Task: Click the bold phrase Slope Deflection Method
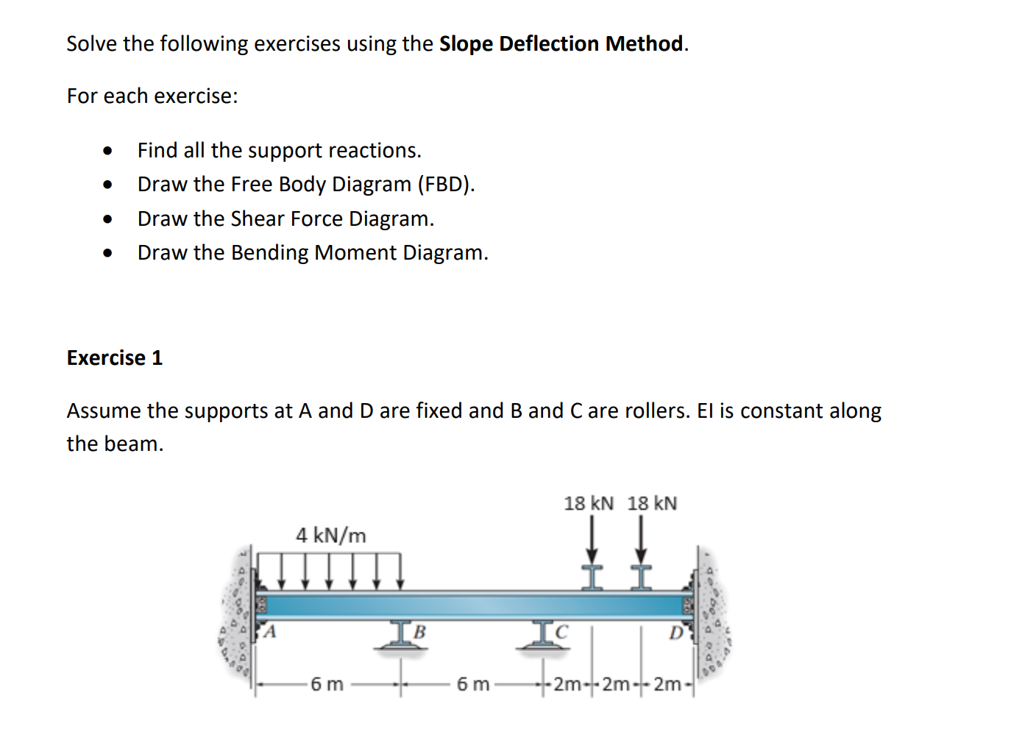(x=561, y=44)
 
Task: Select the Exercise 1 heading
(x=114, y=358)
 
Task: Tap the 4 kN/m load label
(x=330, y=536)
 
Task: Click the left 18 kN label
(x=588, y=504)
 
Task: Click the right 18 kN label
(x=652, y=504)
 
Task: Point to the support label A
(x=270, y=632)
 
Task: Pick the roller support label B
(x=419, y=632)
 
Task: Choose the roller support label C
(x=562, y=632)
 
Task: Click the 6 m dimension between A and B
(x=327, y=685)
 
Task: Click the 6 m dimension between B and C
(x=472, y=685)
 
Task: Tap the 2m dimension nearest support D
(x=667, y=685)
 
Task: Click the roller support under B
(x=400, y=637)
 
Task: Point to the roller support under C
(x=543, y=637)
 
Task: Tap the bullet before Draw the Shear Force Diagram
(x=108, y=219)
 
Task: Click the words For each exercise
(x=152, y=96)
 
